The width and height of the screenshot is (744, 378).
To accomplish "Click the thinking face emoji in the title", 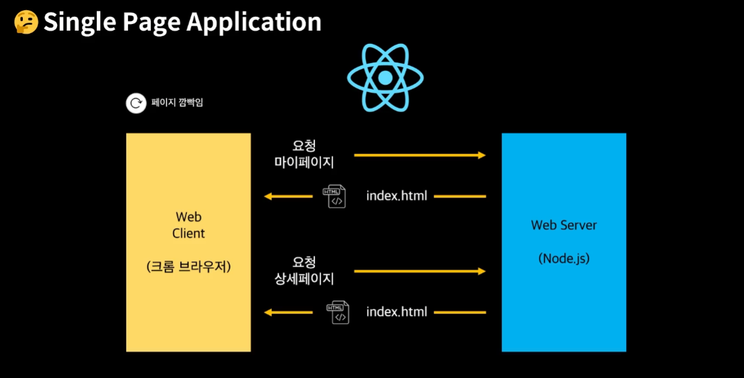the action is (x=26, y=22).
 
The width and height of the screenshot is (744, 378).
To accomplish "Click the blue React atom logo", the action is (x=386, y=78).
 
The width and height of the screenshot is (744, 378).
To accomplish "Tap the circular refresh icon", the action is (x=136, y=103).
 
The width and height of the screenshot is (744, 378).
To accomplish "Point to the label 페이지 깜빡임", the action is (x=177, y=102).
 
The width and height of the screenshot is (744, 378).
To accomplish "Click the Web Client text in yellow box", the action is (x=188, y=225).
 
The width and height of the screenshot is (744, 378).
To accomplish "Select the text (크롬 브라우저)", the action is (x=188, y=266).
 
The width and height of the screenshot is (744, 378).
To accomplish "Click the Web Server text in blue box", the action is (x=564, y=225).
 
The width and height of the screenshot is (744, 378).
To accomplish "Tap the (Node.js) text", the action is (x=564, y=258).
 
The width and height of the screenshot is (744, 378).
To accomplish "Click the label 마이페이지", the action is (x=304, y=163).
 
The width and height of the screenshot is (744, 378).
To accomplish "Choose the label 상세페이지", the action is (x=304, y=279).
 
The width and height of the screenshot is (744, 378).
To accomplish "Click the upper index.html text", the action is (x=396, y=196).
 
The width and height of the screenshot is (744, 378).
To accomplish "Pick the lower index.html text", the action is (x=396, y=312).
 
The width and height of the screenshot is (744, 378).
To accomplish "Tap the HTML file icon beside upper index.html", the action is (x=334, y=196).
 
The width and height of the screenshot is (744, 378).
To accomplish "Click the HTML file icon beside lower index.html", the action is (x=338, y=312).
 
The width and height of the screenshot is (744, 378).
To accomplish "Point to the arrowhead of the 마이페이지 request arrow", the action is (x=482, y=155).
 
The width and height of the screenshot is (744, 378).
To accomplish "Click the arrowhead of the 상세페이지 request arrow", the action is (x=482, y=271).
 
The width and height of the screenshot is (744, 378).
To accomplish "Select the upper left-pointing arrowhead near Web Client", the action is (x=268, y=196).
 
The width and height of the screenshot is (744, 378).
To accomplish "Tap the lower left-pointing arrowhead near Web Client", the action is (x=268, y=312).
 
